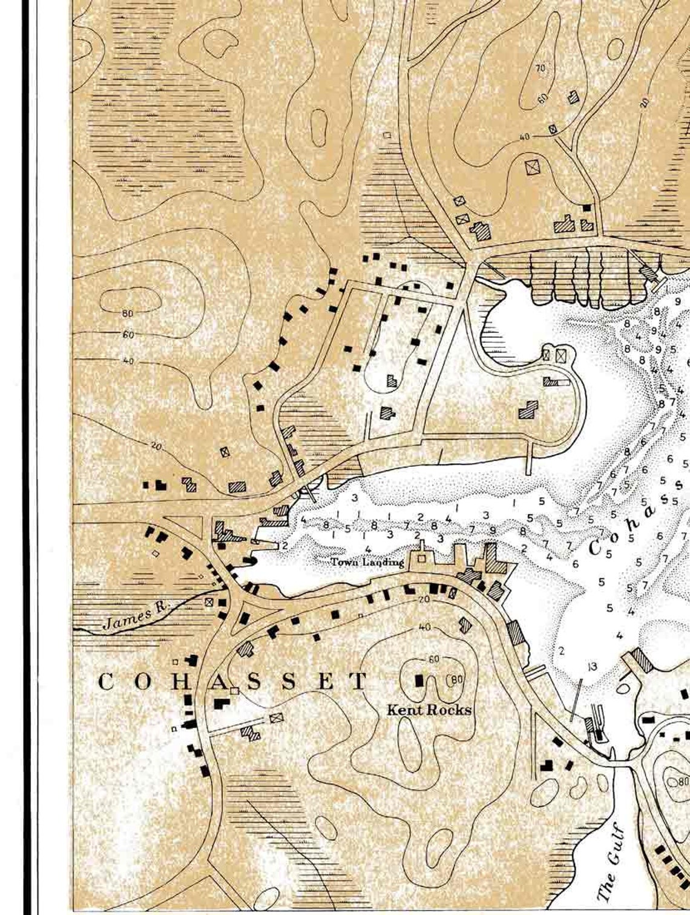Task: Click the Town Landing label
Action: pyautogui.click(x=367, y=563)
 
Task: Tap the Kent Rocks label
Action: pyautogui.click(x=429, y=710)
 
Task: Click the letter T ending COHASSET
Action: pyautogui.click(x=360, y=681)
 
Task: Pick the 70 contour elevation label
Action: pyautogui.click(x=540, y=68)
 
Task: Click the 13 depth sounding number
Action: pyautogui.click(x=592, y=667)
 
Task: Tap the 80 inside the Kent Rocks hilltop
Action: pyautogui.click(x=456, y=679)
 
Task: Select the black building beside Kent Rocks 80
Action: pyautogui.click(x=418, y=679)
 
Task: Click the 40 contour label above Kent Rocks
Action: pyautogui.click(x=425, y=627)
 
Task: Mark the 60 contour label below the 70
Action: pyautogui.click(x=542, y=97)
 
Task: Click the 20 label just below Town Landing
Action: pyautogui.click(x=423, y=599)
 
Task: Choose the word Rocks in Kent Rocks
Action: pyautogui.click(x=449, y=710)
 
